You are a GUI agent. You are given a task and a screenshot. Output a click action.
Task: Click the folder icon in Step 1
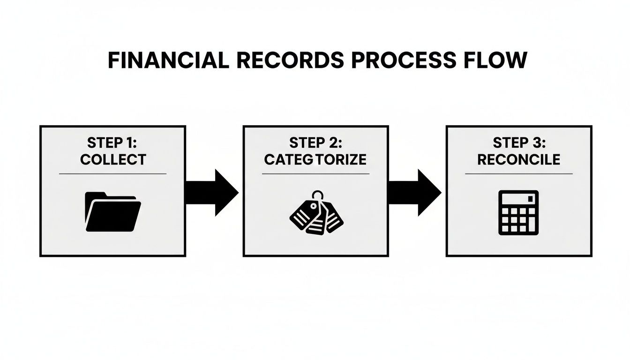click(113, 212)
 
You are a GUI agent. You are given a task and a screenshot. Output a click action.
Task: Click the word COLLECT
click(113, 159)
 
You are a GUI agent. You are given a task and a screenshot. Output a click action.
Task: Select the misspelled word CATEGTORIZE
click(315, 159)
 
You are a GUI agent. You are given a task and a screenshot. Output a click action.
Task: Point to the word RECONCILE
click(518, 159)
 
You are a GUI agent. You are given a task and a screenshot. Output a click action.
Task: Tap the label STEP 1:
click(113, 143)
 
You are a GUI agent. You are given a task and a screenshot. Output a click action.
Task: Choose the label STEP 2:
click(315, 143)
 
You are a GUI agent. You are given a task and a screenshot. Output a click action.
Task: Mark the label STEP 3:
click(518, 143)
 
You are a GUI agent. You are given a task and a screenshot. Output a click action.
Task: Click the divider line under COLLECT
click(113, 174)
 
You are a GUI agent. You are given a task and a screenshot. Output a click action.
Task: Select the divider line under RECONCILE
click(518, 174)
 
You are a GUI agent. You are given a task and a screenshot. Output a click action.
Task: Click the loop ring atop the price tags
click(319, 194)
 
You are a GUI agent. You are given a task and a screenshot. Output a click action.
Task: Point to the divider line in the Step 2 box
click(315, 174)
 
